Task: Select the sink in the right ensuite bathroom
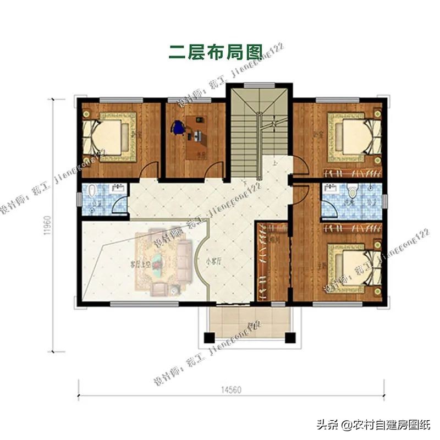point(332,189)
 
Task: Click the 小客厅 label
point(213,262)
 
